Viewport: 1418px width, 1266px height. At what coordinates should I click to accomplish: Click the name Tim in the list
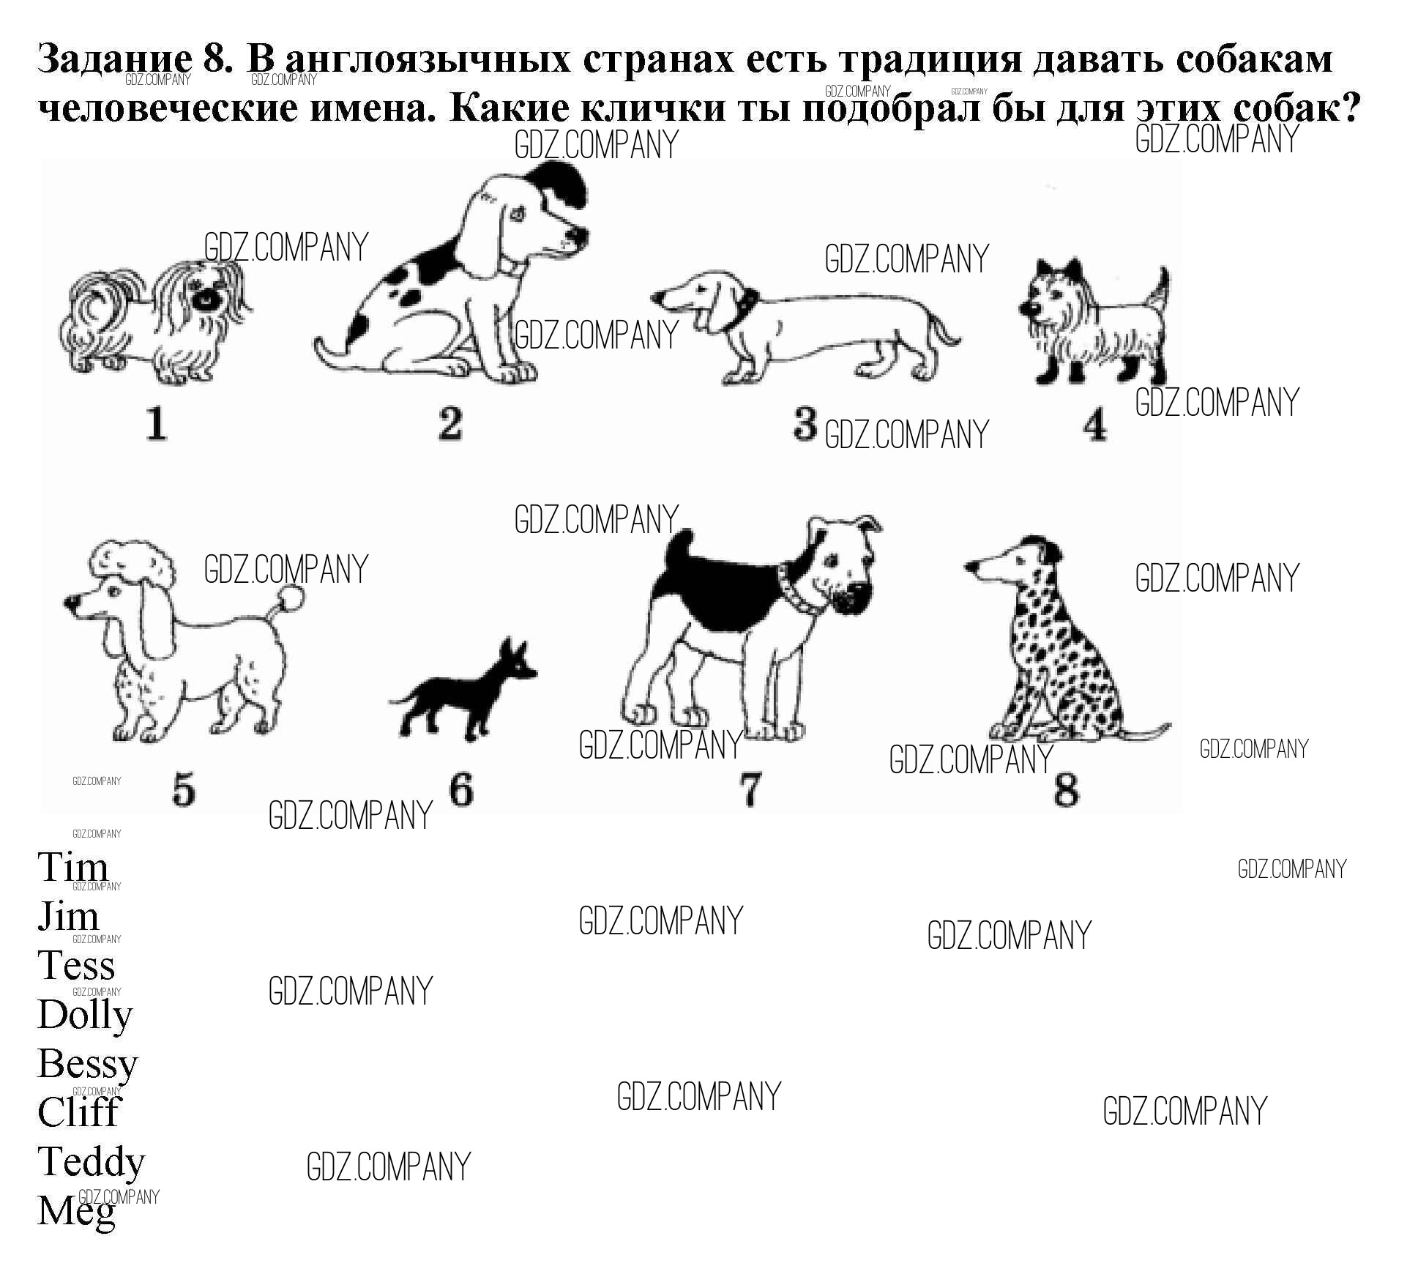(x=72, y=867)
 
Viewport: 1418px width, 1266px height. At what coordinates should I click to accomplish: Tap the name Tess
(x=76, y=966)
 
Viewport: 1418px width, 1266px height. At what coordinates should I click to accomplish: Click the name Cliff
(x=78, y=1112)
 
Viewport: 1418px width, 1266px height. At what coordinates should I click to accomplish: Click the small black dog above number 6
(x=463, y=690)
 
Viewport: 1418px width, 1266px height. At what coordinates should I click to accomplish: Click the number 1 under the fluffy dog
(x=156, y=424)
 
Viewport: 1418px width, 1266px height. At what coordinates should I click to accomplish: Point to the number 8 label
(x=1065, y=789)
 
